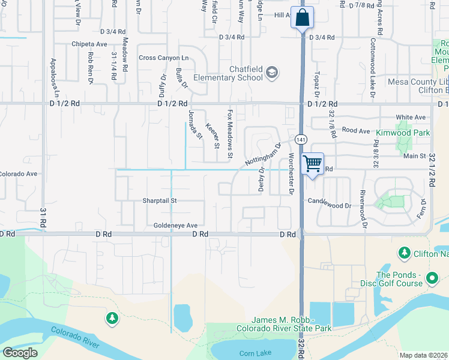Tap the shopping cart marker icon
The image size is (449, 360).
point(312,164)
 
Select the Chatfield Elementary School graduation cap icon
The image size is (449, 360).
point(273,73)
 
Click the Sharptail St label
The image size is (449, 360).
point(160,200)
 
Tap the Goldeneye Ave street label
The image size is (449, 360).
point(175,225)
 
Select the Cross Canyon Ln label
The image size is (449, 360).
point(164,58)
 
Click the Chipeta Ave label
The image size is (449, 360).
point(89,44)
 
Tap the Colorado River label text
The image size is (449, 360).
point(74,337)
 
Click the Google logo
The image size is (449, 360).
point(20,353)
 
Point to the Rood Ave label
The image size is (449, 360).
point(357,130)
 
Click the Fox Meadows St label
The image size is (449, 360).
point(230,134)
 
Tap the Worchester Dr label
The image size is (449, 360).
point(291,174)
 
